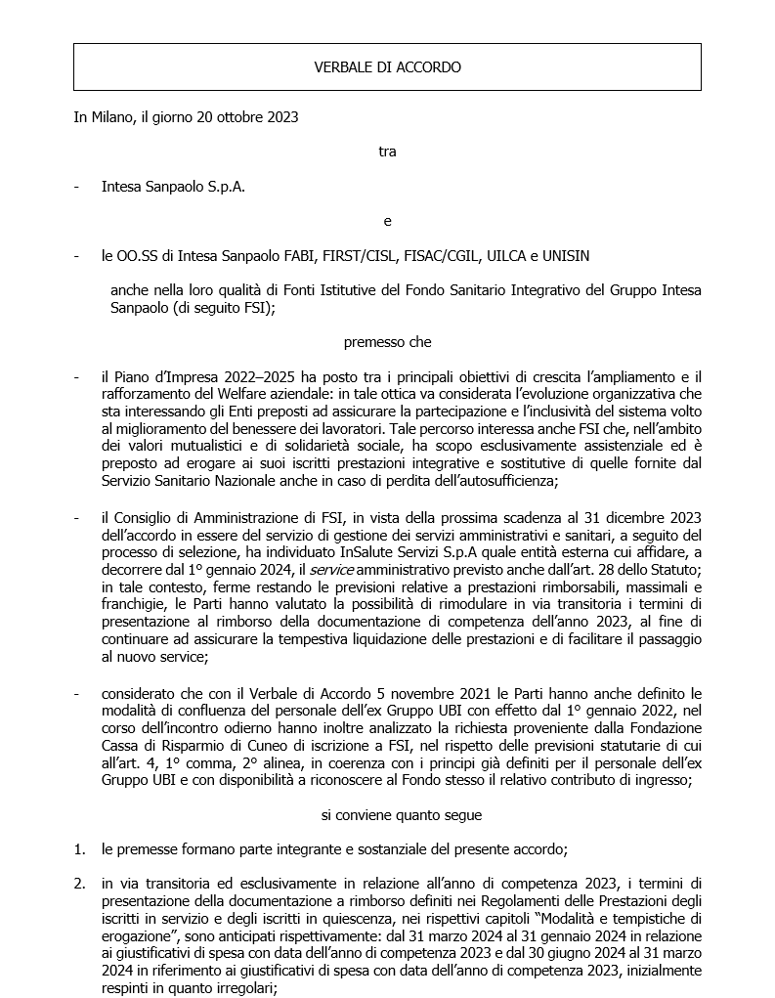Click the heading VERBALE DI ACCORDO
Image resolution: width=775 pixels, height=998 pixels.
point(387,67)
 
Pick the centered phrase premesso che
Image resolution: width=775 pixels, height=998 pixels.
point(387,343)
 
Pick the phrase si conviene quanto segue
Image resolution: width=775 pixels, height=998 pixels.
point(387,814)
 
